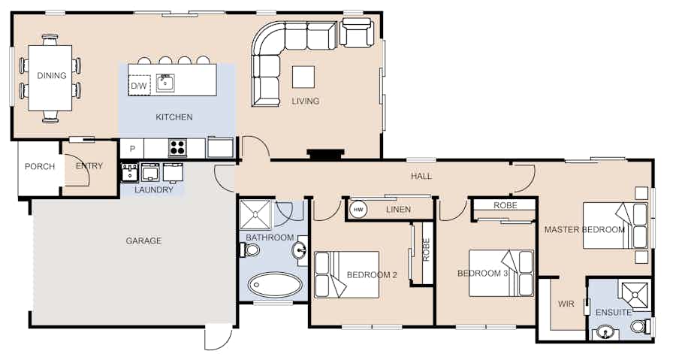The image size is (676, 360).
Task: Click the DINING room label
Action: point(52,76)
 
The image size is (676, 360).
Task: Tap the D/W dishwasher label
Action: point(138,86)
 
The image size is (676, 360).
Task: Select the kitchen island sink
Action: point(165,83)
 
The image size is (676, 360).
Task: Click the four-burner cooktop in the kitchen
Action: point(177,148)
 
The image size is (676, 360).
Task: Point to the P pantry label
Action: point(132,149)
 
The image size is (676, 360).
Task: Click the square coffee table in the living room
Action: point(303,77)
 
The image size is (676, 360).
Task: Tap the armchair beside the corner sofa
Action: point(356,32)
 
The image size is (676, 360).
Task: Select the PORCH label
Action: point(40,166)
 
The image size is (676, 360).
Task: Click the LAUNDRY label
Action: point(154,189)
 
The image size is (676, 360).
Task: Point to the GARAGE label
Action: point(143,241)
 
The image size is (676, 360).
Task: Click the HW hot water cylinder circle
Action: point(358,210)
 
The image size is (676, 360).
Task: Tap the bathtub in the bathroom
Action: point(275,285)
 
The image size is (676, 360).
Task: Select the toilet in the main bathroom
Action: point(249,250)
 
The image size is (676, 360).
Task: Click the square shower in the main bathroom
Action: point(255,214)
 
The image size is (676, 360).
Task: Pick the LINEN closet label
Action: point(398,210)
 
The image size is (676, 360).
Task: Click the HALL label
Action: point(421,176)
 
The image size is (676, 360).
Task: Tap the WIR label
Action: point(566,304)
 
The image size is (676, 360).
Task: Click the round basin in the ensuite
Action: point(607,334)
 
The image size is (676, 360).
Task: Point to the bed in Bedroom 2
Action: point(346,274)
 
